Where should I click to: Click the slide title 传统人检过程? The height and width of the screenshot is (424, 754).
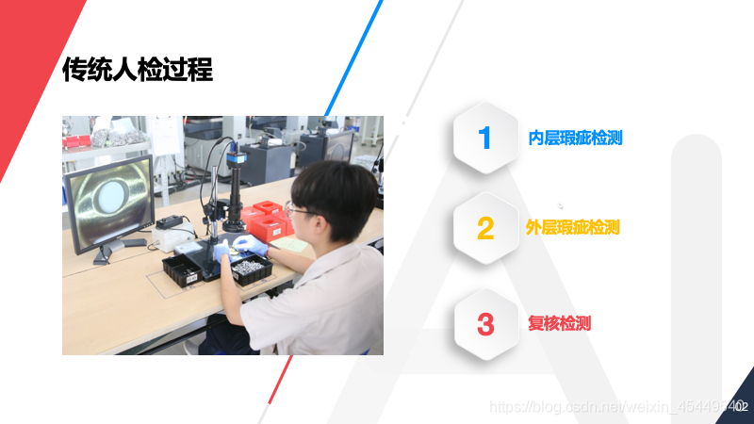[x=138, y=70]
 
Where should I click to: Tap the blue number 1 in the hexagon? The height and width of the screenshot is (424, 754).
[x=485, y=139]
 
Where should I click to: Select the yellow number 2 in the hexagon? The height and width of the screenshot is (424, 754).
[x=485, y=228]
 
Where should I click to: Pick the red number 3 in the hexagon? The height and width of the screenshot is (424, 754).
[x=485, y=324]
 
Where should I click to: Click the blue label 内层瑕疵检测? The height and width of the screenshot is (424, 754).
[x=575, y=139]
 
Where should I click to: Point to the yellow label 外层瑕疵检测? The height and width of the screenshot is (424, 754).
[x=572, y=227]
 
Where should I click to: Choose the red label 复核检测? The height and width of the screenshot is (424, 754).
[x=560, y=324]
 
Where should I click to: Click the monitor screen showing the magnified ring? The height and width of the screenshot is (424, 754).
[x=108, y=200]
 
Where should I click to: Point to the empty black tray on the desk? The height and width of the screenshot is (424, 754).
[x=184, y=269]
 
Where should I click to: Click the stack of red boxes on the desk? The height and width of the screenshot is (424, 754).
[x=265, y=220]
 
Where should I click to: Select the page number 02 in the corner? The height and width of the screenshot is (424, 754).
[x=741, y=406]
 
